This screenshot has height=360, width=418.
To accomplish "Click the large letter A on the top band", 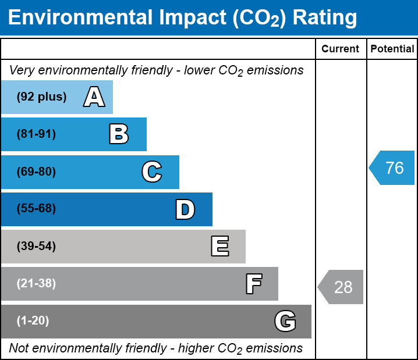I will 94,97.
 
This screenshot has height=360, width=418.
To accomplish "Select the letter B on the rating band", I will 119,134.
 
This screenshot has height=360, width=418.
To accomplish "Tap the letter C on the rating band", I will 151,172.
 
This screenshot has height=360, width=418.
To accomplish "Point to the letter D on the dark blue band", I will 185,209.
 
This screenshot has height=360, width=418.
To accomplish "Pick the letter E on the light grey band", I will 219,247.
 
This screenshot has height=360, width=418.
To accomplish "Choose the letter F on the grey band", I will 253,284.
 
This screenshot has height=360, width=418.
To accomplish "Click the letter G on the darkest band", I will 285,321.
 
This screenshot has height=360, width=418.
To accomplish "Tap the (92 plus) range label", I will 41,97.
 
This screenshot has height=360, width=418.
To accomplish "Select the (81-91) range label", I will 36,134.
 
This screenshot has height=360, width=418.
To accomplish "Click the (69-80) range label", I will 36,172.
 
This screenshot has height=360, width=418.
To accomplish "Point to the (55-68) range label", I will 36,209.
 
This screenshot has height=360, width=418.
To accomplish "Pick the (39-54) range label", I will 36,247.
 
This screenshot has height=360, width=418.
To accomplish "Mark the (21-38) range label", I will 36,284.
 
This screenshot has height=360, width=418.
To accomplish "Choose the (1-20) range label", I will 33,321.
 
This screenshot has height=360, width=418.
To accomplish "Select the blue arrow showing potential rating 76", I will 393,168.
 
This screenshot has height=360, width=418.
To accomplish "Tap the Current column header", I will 341,49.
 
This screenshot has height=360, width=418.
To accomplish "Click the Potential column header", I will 392,49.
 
